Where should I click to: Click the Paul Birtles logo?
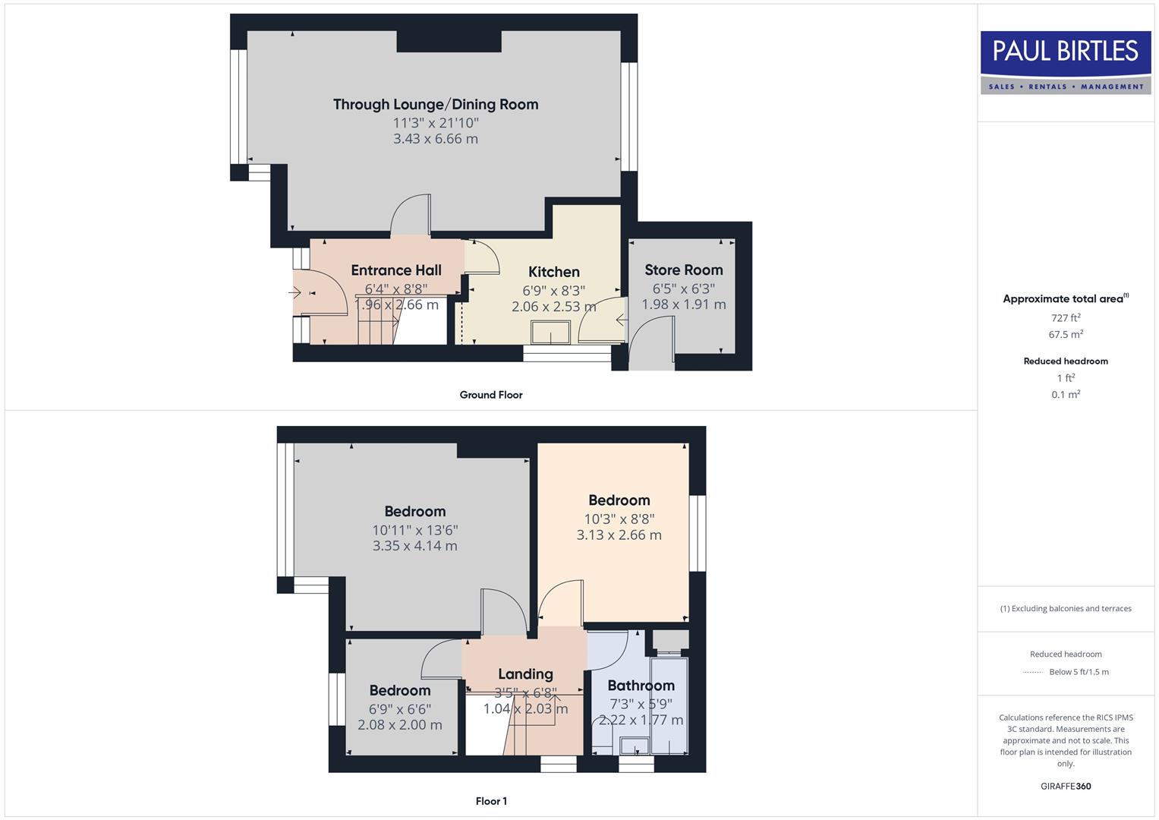[1065, 62]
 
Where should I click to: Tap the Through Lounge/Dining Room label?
[436, 105]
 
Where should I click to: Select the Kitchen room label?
[554, 272]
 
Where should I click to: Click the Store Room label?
[683, 270]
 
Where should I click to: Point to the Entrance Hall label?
[396, 270]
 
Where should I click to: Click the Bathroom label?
[641, 686]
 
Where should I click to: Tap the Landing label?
[525, 674]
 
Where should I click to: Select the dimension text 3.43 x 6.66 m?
[436, 139]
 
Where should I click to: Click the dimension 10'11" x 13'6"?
[414, 530]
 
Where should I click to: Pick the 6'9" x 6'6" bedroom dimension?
[400, 708]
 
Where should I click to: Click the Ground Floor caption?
[491, 395]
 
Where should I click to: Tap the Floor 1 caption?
[491, 801]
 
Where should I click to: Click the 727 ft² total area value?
[1066, 318]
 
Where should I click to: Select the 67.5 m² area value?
[1066, 334]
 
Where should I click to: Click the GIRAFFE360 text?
[1066, 786]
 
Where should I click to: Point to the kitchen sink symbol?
[551, 333]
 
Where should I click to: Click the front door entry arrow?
[297, 292]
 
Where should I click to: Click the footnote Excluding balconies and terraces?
[1066, 608]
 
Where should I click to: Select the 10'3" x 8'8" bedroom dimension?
[619, 519]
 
